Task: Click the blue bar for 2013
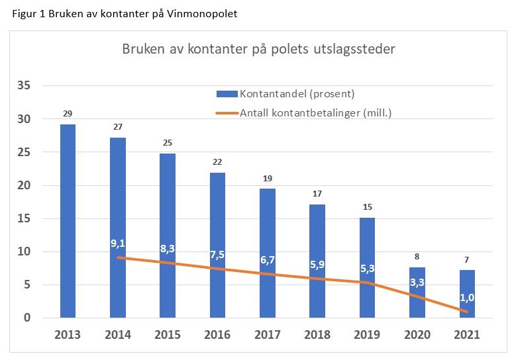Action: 68,221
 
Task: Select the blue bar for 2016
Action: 219,245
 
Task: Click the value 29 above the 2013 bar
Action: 68,113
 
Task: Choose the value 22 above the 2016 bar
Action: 219,161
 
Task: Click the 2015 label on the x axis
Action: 168,335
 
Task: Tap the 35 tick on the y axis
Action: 25,86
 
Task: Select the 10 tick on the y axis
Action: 25,251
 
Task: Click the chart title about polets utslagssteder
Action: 259,50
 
